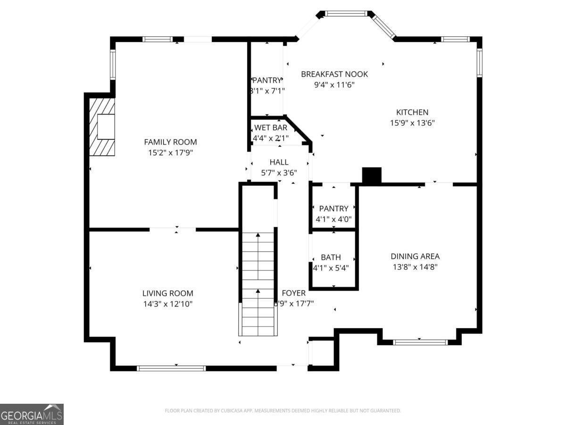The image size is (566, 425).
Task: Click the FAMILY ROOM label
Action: point(170,142)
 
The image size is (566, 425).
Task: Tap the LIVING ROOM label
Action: point(168,293)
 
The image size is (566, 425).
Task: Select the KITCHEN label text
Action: point(412,112)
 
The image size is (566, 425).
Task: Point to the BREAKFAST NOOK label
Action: point(334,74)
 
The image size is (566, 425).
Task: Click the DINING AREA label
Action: point(415,256)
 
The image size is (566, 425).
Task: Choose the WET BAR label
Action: point(271,127)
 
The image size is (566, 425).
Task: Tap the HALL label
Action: point(279,162)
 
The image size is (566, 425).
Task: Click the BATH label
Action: point(331,257)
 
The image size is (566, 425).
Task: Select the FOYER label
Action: point(294,293)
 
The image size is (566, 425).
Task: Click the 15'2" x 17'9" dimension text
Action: point(170,153)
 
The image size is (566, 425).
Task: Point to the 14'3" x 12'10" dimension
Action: point(168,304)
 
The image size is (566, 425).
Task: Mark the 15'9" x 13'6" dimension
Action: point(412,123)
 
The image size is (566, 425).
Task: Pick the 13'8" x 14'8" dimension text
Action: point(415,267)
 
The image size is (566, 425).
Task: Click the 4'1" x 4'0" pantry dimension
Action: point(333,219)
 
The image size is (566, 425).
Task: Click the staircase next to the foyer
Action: point(258,283)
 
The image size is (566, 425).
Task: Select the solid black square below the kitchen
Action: point(372,176)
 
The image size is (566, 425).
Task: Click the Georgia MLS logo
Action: point(32,414)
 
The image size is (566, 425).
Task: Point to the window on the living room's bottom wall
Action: point(171,368)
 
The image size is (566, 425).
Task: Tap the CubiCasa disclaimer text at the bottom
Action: point(283,411)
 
